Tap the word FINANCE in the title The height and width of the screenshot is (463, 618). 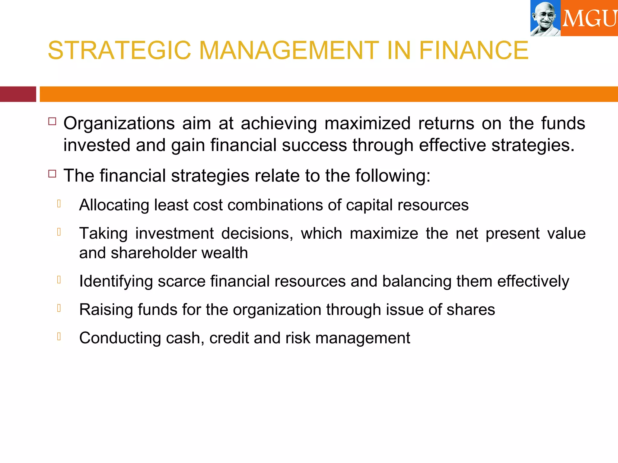click(473, 50)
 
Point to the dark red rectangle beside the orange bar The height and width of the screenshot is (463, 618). click(18, 94)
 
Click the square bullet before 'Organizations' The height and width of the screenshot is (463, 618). click(52, 121)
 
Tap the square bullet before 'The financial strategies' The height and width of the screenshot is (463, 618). click(52, 174)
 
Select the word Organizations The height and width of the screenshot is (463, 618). click(119, 124)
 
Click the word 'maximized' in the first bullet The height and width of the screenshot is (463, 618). click(367, 124)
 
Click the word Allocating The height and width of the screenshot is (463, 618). click(114, 205)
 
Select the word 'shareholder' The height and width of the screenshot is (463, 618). click(154, 253)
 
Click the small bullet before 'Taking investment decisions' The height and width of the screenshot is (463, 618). click(59, 232)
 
